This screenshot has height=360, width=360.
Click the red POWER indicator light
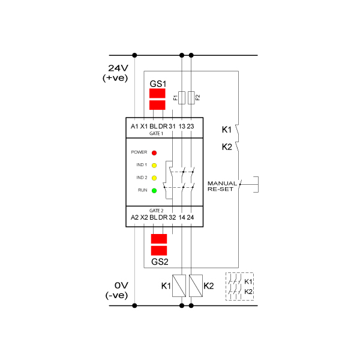click(x=154, y=153)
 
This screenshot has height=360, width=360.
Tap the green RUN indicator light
click(x=154, y=191)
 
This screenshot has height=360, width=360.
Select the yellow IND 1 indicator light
click(x=154, y=166)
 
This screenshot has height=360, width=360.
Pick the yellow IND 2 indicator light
click(x=154, y=178)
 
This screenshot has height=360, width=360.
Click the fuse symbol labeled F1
click(x=182, y=98)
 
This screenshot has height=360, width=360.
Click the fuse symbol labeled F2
click(x=191, y=98)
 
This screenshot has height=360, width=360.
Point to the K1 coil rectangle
click(x=179, y=286)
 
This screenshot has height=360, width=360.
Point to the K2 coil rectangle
click(x=196, y=286)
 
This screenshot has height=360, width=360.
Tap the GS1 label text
click(x=158, y=84)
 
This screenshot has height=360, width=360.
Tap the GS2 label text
click(x=160, y=262)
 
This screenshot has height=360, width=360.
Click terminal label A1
click(x=134, y=126)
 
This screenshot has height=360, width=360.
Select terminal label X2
click(x=144, y=217)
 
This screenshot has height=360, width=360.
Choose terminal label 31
click(x=172, y=126)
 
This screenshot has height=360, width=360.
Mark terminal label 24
click(x=190, y=217)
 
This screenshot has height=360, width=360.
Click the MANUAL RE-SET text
click(x=222, y=186)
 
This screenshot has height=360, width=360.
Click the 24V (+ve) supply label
click(x=115, y=73)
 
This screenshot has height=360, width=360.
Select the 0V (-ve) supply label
click(x=117, y=290)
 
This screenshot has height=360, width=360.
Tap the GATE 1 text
click(x=156, y=133)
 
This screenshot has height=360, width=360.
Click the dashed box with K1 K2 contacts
click(x=239, y=286)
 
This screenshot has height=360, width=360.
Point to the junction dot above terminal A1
click(x=134, y=55)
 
